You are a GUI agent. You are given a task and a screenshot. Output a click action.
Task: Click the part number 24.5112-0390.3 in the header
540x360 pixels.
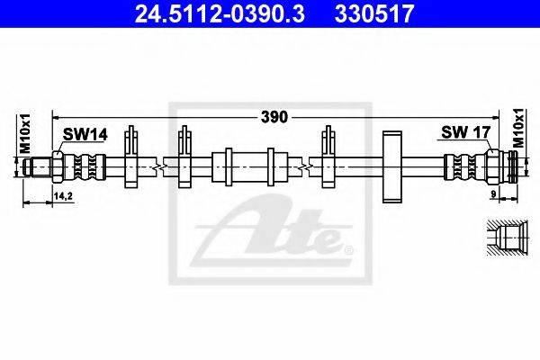pos(220,13)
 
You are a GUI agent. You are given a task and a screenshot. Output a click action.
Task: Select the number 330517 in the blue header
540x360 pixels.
pos(374,13)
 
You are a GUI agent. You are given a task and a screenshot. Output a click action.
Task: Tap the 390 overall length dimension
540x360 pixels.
pos(274,117)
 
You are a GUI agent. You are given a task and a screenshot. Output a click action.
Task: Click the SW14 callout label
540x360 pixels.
pos(85,134)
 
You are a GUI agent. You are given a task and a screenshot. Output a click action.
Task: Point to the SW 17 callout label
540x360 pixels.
pos(465,131)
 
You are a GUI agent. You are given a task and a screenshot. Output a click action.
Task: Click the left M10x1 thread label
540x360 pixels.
pos(25,133)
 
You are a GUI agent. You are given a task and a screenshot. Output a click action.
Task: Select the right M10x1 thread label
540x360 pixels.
pos(518,128)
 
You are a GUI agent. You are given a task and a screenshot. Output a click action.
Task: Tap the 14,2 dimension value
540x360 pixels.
pos(63,196)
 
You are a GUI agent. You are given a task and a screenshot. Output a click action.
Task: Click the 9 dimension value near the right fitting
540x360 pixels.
pos(493,194)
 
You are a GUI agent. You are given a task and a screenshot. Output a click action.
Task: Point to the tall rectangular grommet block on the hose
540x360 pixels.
pos(392,166)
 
